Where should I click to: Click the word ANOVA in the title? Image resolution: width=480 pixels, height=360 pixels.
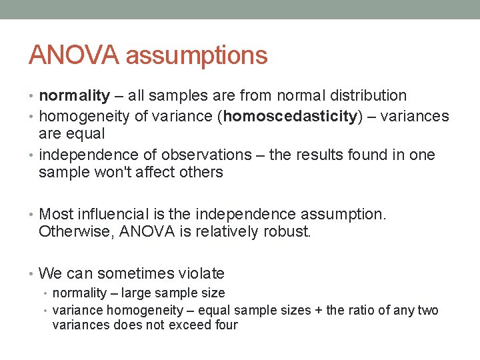click(74, 55)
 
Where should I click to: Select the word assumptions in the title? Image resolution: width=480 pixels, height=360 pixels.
click(197, 56)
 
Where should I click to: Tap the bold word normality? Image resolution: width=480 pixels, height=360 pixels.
click(74, 96)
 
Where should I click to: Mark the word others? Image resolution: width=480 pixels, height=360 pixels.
click(201, 173)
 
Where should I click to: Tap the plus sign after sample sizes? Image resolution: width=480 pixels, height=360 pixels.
click(319, 311)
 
